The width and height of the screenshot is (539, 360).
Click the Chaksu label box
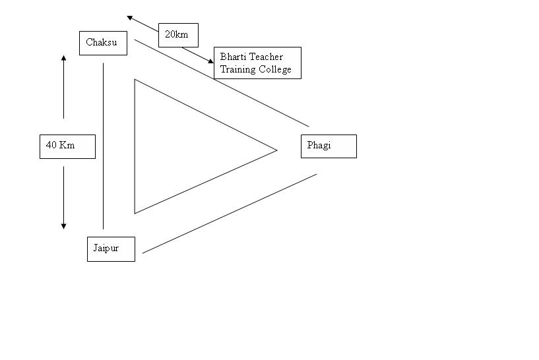102,43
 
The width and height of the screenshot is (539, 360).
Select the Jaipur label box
111,249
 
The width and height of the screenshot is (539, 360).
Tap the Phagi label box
329,146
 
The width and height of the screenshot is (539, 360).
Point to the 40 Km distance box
67,146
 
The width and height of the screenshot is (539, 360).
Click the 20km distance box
178,35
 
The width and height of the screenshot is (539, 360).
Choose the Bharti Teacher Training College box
257,63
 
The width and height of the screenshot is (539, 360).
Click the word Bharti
232,57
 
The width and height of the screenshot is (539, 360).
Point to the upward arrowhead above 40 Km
64,58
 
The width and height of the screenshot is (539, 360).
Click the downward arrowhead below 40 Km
64,225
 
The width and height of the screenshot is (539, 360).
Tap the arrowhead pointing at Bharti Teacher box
211,61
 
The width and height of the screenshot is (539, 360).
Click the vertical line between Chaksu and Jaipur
104,145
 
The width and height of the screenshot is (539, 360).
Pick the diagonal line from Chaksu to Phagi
222,82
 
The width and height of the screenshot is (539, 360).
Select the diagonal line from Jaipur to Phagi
230,213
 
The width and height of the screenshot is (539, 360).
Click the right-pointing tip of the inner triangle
276,150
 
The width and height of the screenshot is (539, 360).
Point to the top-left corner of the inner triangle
135,80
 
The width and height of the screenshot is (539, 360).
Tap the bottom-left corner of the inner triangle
135,212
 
